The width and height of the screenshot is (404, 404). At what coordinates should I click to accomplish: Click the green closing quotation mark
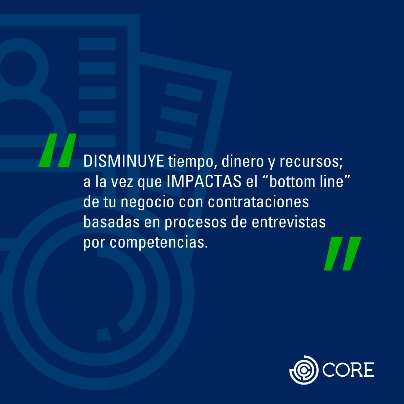(342, 253)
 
